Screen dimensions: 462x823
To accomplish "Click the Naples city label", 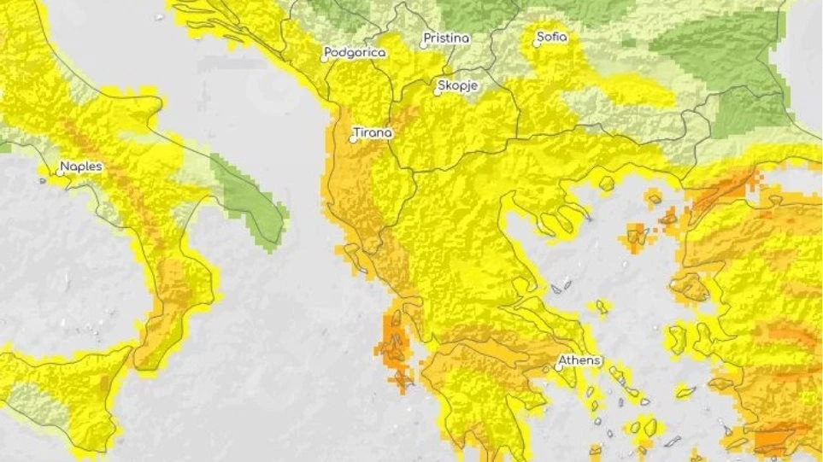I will pyautogui.click(x=82, y=167).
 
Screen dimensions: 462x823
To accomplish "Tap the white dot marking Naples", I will pyautogui.click(x=60, y=173).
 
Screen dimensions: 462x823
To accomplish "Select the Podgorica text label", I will pyautogui.click(x=356, y=53).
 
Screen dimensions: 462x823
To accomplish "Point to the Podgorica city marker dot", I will pyautogui.click(x=325, y=59).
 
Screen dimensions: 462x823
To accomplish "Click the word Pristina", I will pyautogui.click(x=447, y=39).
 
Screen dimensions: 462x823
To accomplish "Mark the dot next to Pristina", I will pyautogui.click(x=423, y=45).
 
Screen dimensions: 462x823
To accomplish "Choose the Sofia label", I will pyautogui.click(x=552, y=38).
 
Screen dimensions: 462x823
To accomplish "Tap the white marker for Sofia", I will pyautogui.click(x=537, y=44).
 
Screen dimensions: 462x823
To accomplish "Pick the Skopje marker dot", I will pyautogui.click(x=438, y=92).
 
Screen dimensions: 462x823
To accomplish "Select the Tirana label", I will pyautogui.click(x=373, y=133).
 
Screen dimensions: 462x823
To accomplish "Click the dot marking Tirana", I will pyautogui.click(x=353, y=139).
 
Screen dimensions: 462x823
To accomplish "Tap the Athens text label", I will pyautogui.click(x=581, y=360).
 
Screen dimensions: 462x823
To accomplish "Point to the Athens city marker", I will pyautogui.click(x=559, y=367).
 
